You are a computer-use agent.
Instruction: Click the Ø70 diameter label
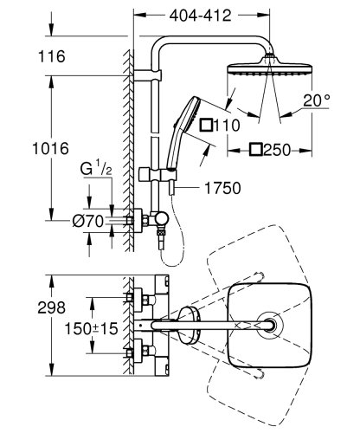click(x=89, y=222)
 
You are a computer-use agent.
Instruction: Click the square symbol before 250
click(x=256, y=148)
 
